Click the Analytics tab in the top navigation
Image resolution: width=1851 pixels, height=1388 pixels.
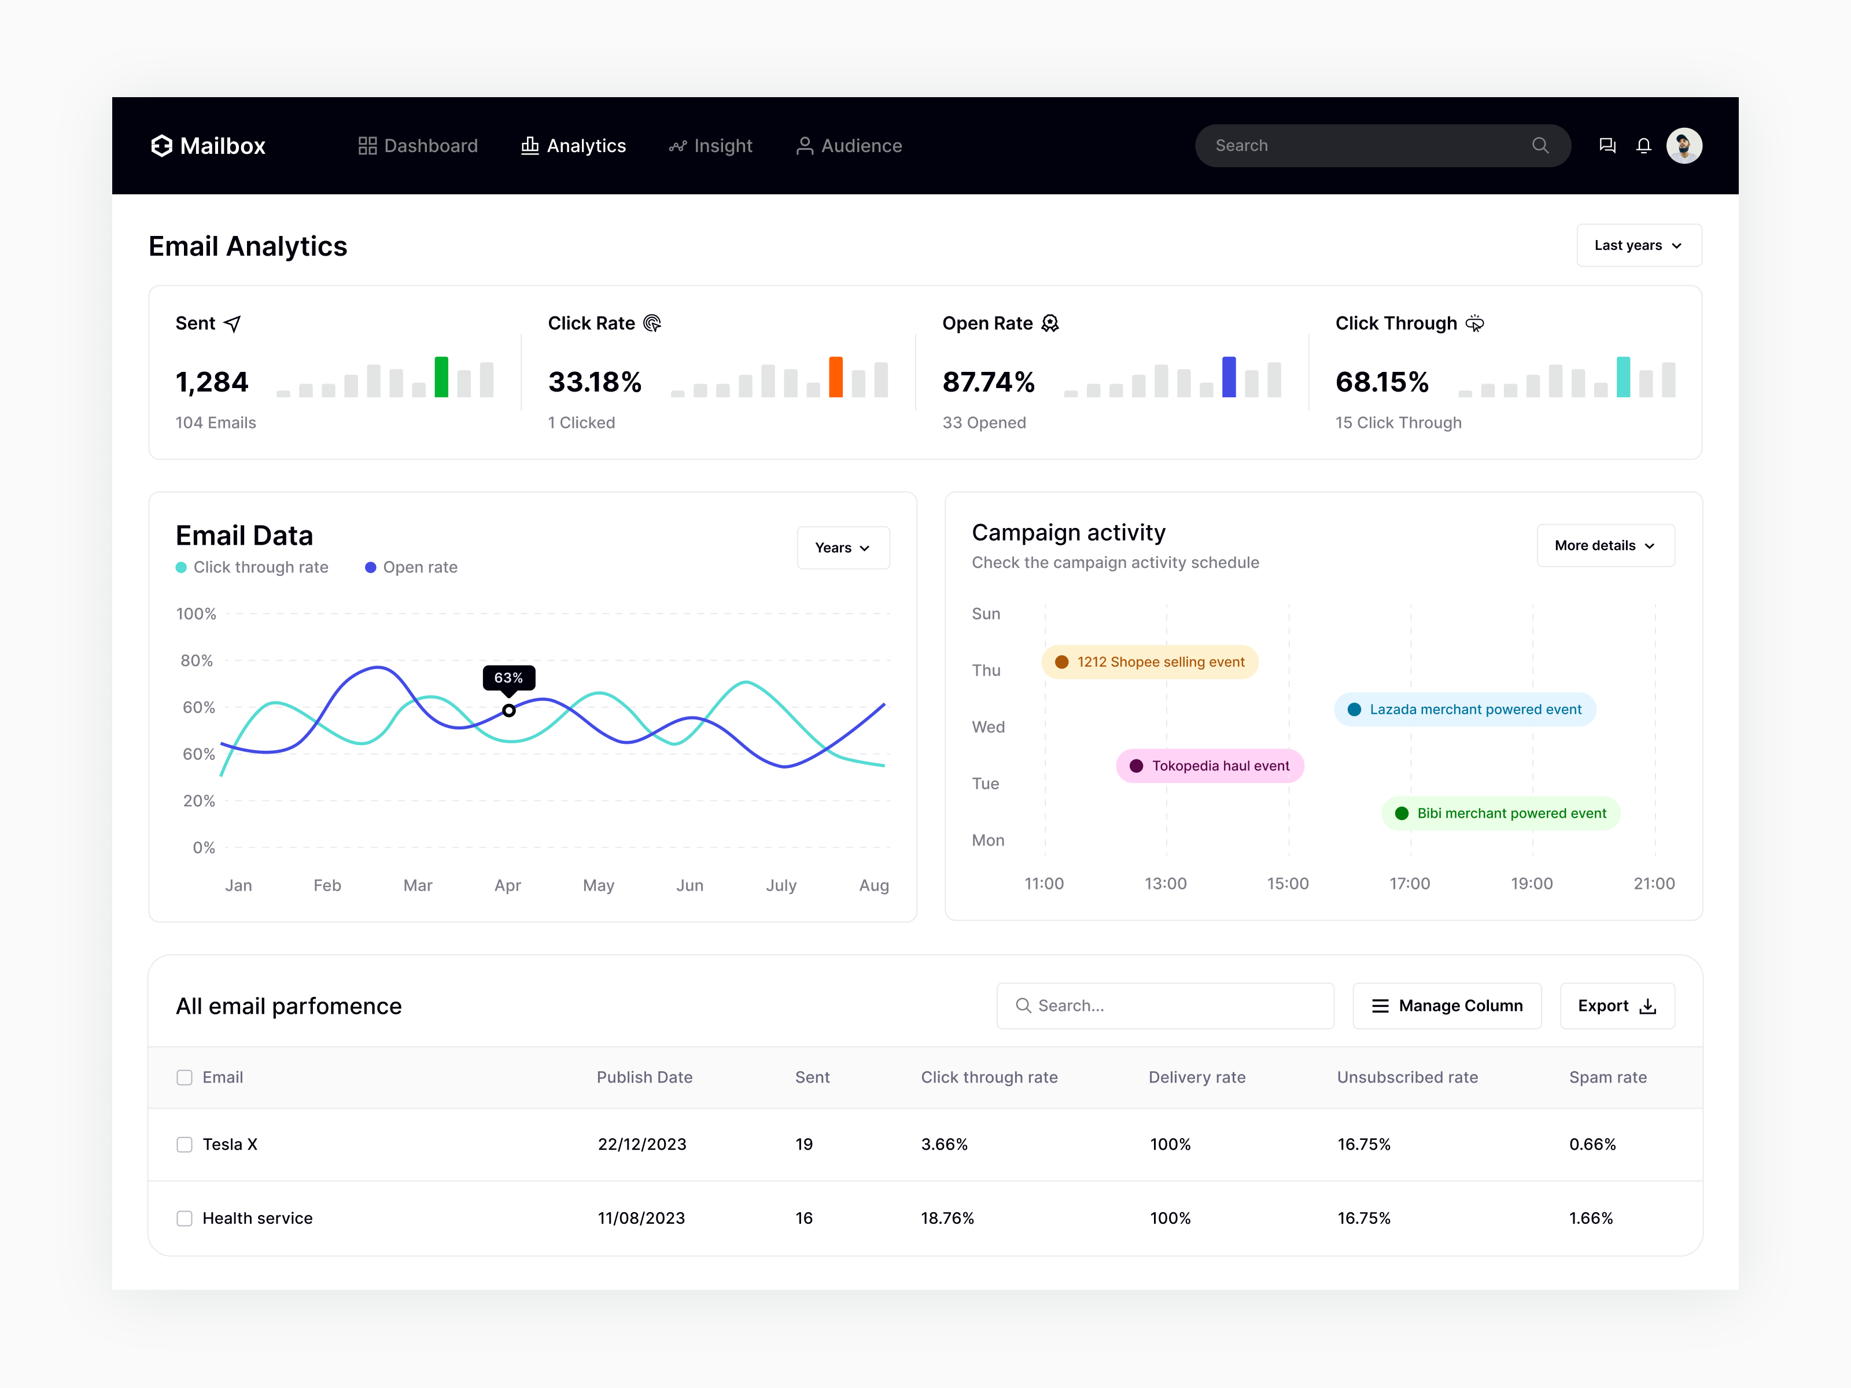[x=574, y=146]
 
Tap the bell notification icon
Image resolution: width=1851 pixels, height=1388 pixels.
[x=1643, y=146]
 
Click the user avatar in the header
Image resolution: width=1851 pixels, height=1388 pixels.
[x=1684, y=146]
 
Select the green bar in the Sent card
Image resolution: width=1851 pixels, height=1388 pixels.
[x=441, y=377]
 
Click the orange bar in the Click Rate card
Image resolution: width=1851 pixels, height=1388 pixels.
[x=835, y=377]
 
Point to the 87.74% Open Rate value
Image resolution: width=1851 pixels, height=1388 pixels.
[x=988, y=382]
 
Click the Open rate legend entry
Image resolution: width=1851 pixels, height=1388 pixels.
[x=412, y=567]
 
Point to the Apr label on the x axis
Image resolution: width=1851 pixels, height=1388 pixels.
[x=507, y=885]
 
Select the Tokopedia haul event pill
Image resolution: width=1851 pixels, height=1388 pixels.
[x=1210, y=766]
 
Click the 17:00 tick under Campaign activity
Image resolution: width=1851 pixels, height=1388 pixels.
[x=1409, y=884]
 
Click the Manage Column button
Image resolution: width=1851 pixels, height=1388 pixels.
[x=1447, y=1006]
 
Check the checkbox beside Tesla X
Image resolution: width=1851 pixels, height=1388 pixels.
[x=184, y=1145]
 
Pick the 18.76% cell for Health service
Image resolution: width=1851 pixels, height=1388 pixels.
[x=947, y=1218]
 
